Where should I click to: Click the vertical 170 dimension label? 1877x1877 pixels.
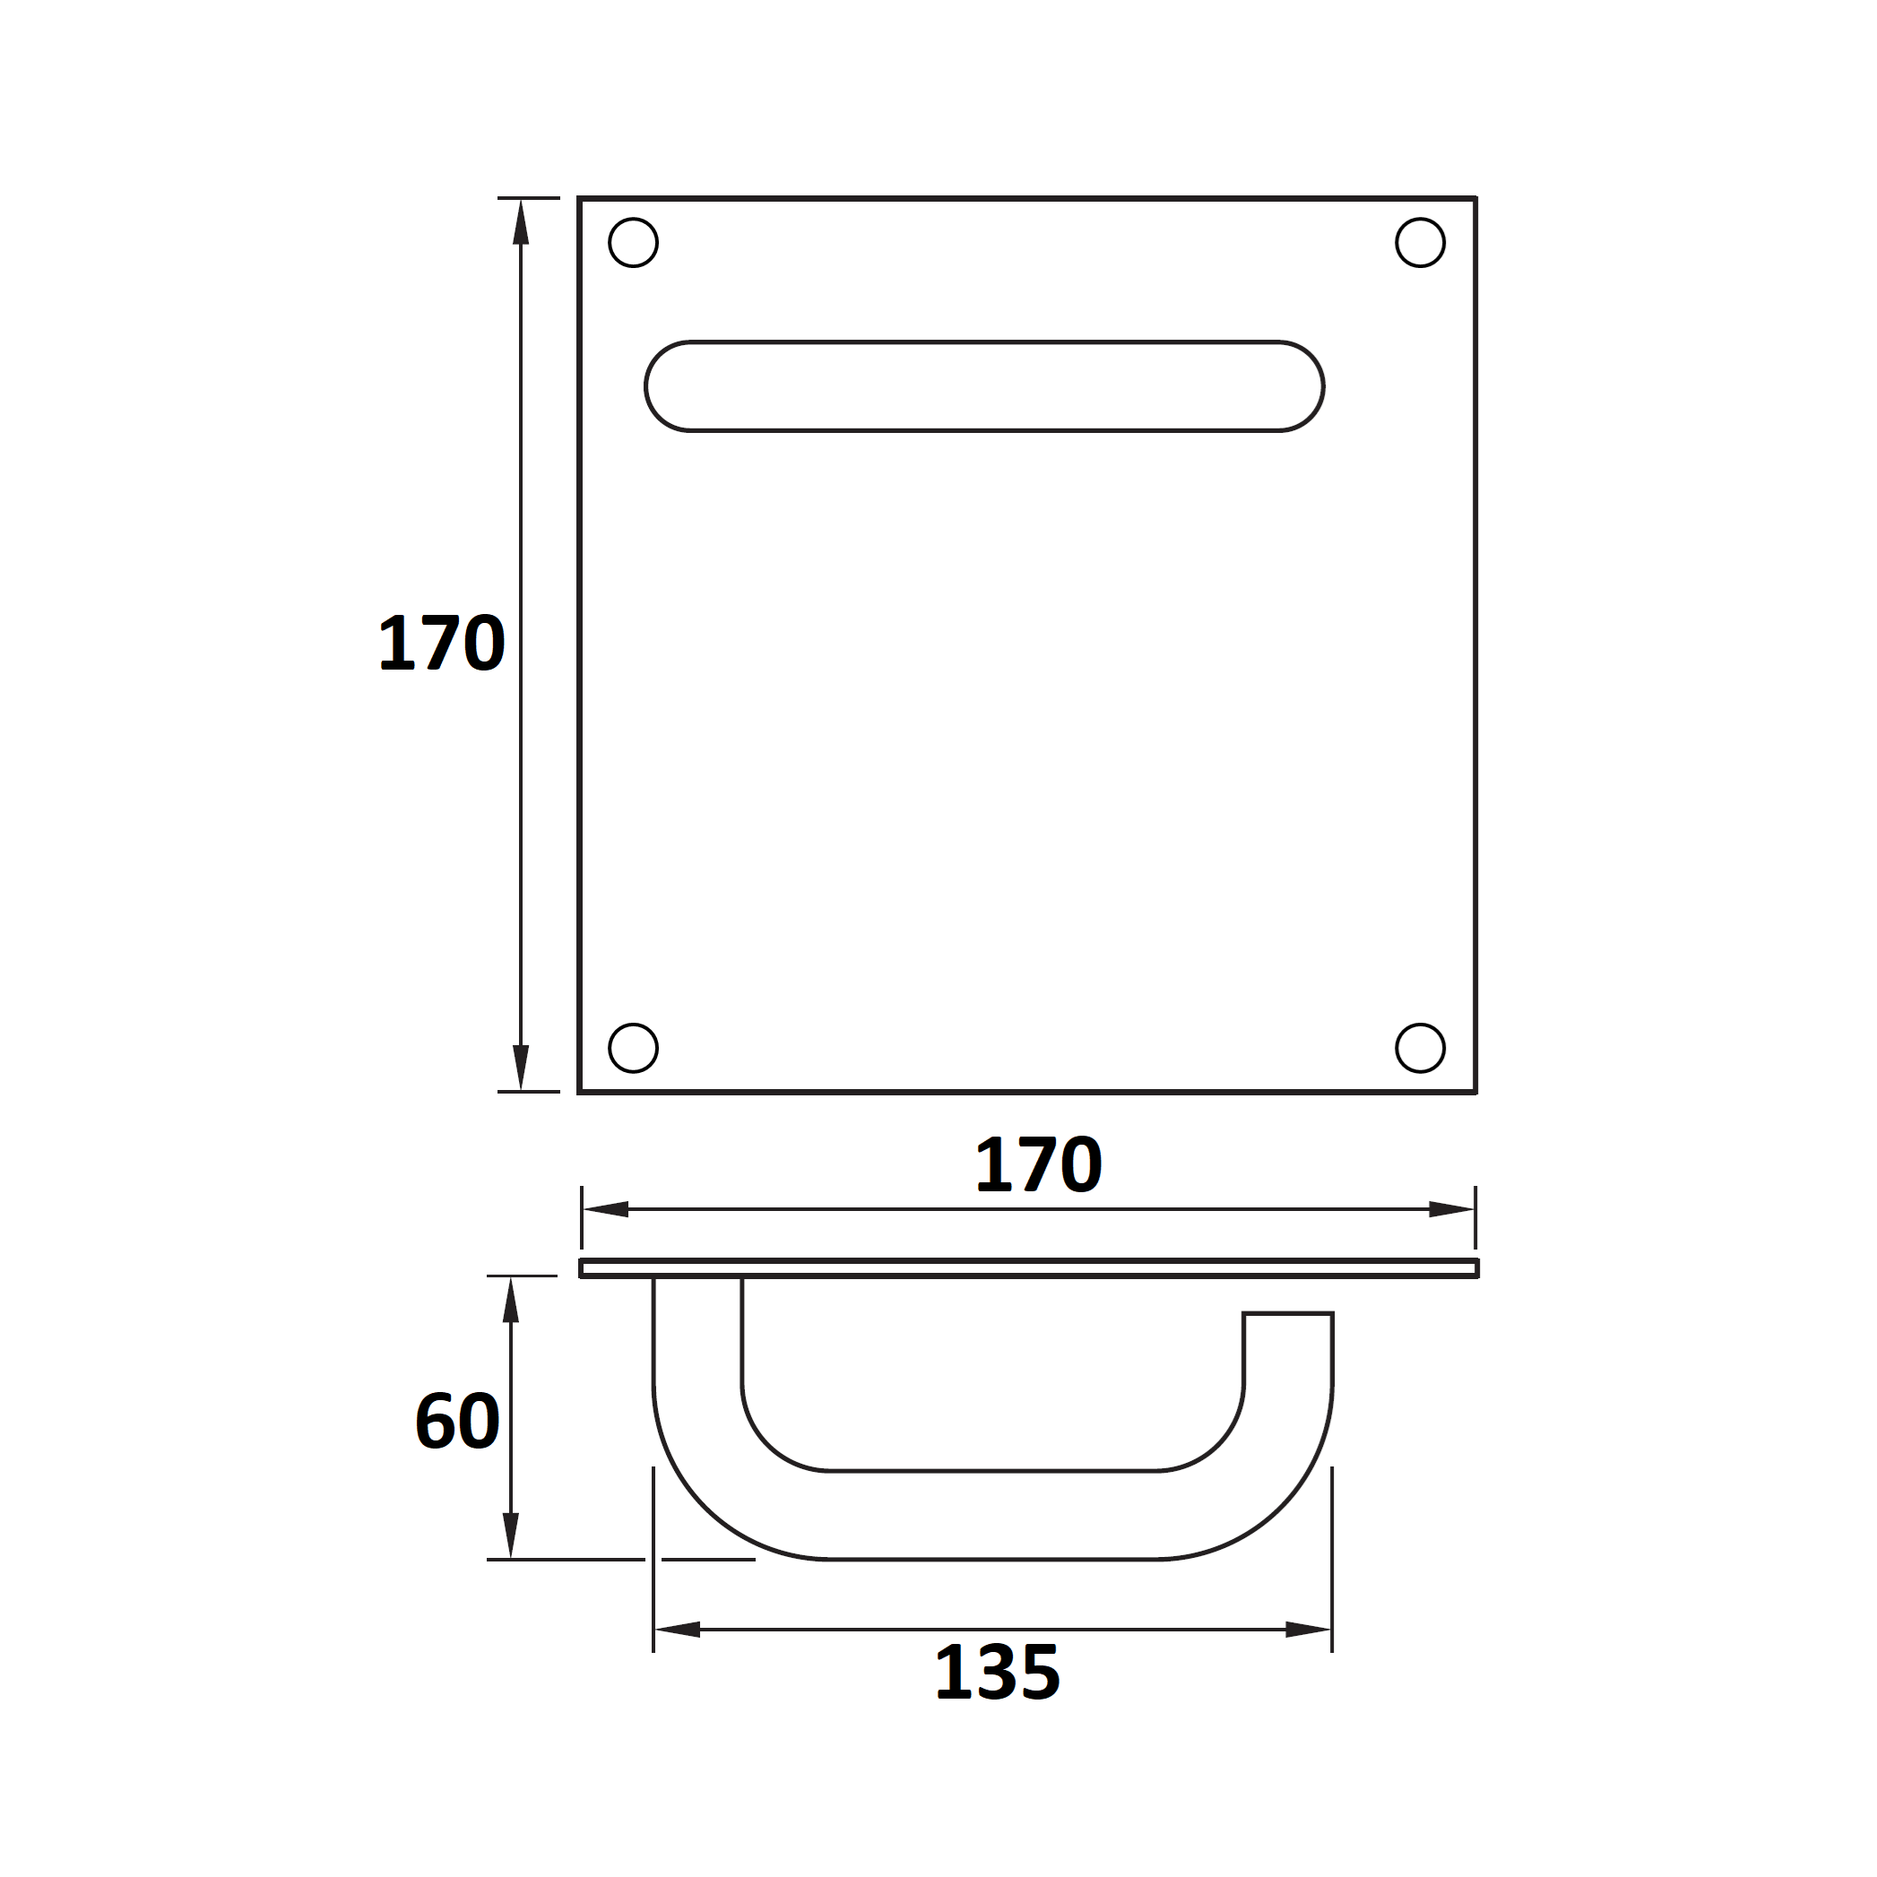click(x=442, y=644)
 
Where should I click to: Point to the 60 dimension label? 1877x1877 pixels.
click(x=457, y=1423)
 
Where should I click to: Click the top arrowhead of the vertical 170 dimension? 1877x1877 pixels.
click(x=521, y=221)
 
